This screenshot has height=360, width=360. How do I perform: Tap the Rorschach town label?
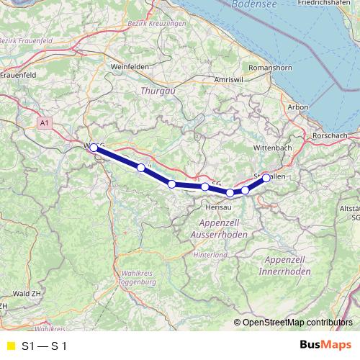331,135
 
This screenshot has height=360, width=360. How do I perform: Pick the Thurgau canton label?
153,91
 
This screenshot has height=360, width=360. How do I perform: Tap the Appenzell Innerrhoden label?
287,265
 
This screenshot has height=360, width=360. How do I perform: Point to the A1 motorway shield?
45,124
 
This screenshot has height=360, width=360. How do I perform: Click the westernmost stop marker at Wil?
94,147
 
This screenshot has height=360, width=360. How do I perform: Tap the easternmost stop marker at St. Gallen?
266,177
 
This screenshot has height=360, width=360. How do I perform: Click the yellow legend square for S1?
10,346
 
